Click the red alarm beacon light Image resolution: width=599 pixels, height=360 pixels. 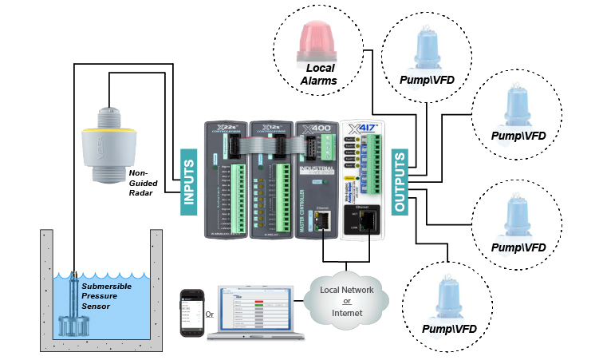click(317, 41)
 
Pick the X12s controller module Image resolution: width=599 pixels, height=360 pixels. click(270, 180)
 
